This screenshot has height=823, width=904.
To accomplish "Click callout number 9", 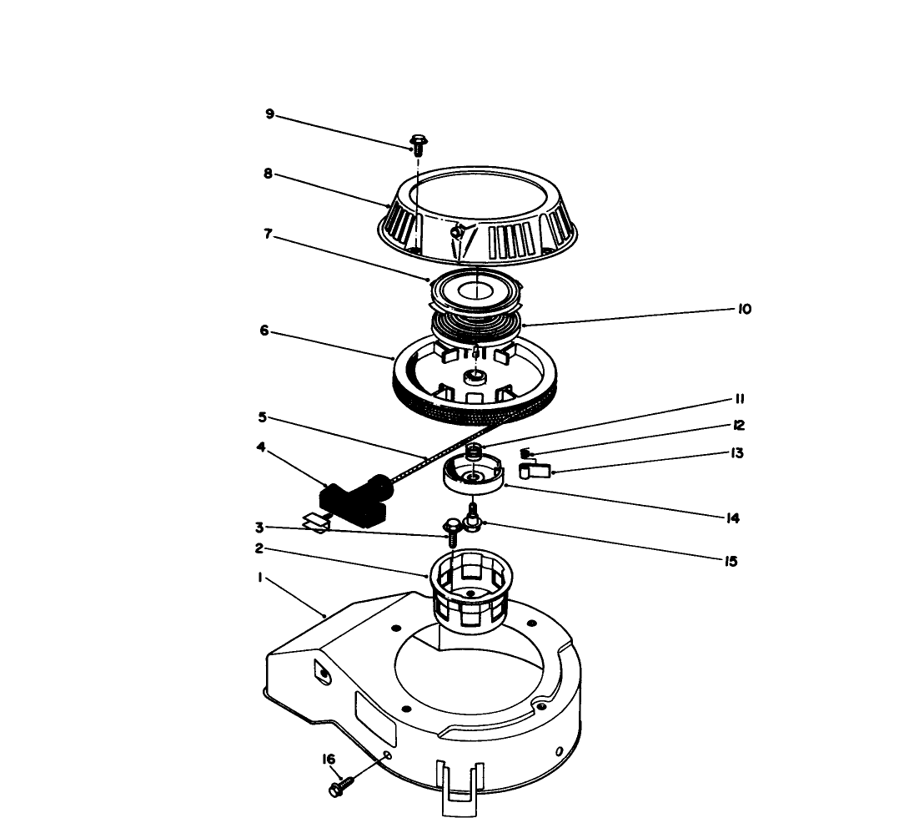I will tap(269, 114).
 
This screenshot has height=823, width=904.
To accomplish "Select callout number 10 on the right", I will tap(744, 309).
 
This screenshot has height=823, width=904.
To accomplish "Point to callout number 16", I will tap(329, 760).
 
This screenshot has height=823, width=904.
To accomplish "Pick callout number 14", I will tap(733, 518).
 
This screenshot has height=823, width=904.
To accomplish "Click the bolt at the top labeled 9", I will tap(418, 143).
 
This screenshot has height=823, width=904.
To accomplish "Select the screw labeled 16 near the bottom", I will tap(343, 785).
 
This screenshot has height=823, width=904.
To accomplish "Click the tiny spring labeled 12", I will tap(525, 453).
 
